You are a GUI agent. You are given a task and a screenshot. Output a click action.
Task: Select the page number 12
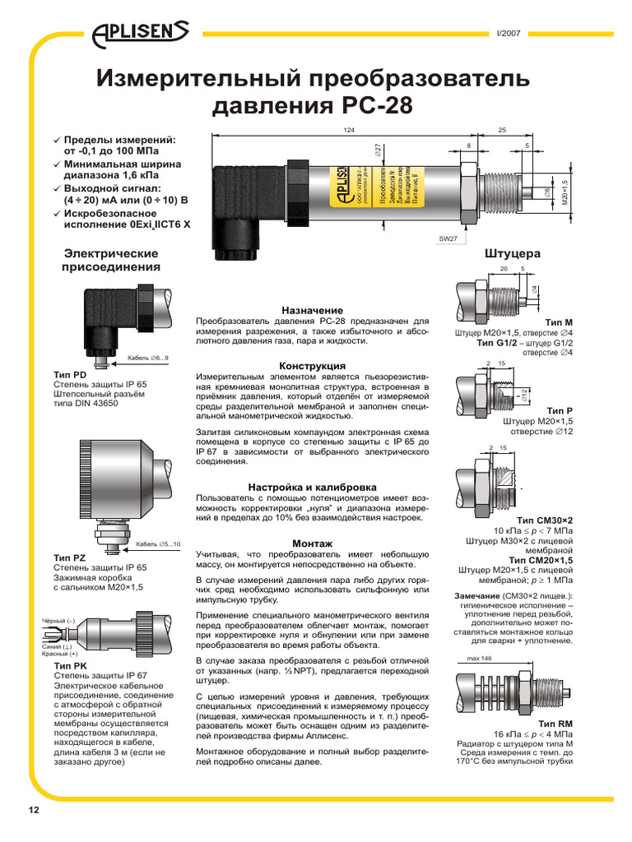coord(34,810)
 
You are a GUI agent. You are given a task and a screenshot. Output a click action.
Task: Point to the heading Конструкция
coord(312,365)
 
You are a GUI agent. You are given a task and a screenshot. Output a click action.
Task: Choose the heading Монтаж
coord(312,544)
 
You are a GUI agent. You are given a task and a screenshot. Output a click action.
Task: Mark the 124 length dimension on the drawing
coord(349,130)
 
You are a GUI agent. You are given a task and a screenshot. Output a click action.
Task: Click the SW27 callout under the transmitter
coord(448,238)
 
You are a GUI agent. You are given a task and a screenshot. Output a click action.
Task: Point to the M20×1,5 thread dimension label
coord(565,194)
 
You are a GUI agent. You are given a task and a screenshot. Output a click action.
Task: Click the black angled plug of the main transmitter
coord(239,206)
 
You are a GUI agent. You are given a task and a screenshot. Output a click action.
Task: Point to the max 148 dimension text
coord(479,659)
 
